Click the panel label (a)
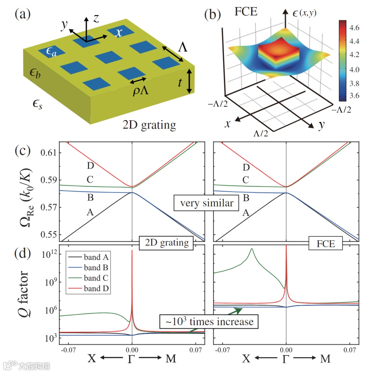[x=22, y=15]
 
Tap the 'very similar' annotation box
[x=206, y=203]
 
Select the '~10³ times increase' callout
[x=209, y=321]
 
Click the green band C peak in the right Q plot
[x=252, y=249]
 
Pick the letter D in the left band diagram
[x=90, y=166]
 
